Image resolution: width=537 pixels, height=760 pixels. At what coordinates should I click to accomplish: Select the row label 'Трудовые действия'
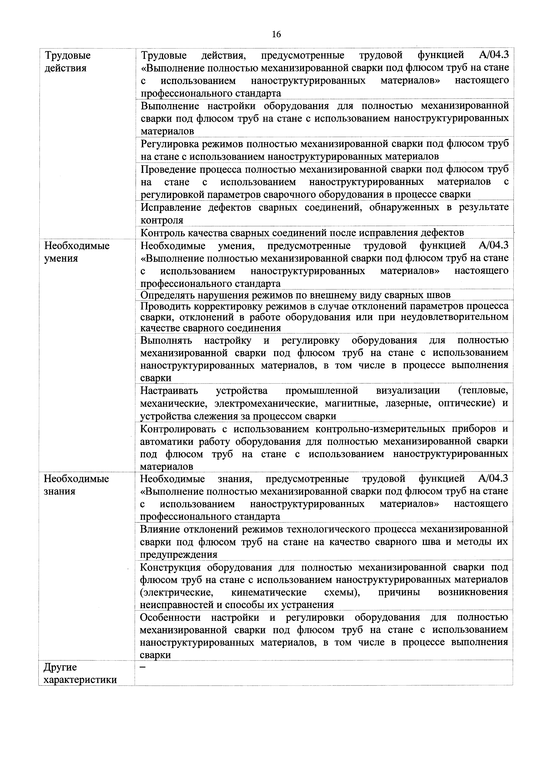[68, 62]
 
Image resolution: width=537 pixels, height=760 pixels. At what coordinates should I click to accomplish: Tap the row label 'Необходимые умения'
[77, 252]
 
